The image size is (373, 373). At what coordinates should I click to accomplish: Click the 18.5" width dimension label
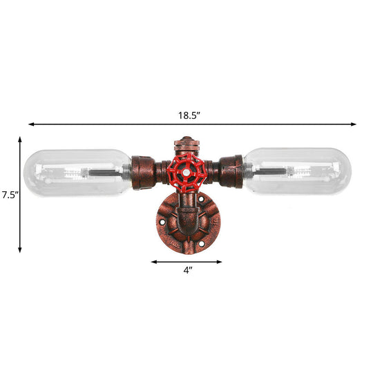tap(187, 115)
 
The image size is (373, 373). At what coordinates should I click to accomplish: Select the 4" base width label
tap(186, 271)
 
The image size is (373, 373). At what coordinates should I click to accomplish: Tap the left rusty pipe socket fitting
tap(143, 169)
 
